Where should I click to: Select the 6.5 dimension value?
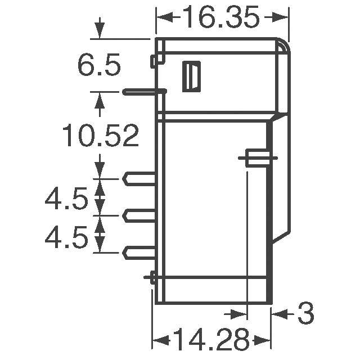(99, 66)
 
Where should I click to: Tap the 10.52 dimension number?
(100, 136)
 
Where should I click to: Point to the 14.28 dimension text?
(211, 340)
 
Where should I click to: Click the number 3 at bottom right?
(305, 314)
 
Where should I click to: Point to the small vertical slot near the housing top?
(191, 76)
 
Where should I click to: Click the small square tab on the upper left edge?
(154, 61)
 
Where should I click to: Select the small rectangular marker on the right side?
(256, 159)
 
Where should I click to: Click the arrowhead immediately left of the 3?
(278, 313)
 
